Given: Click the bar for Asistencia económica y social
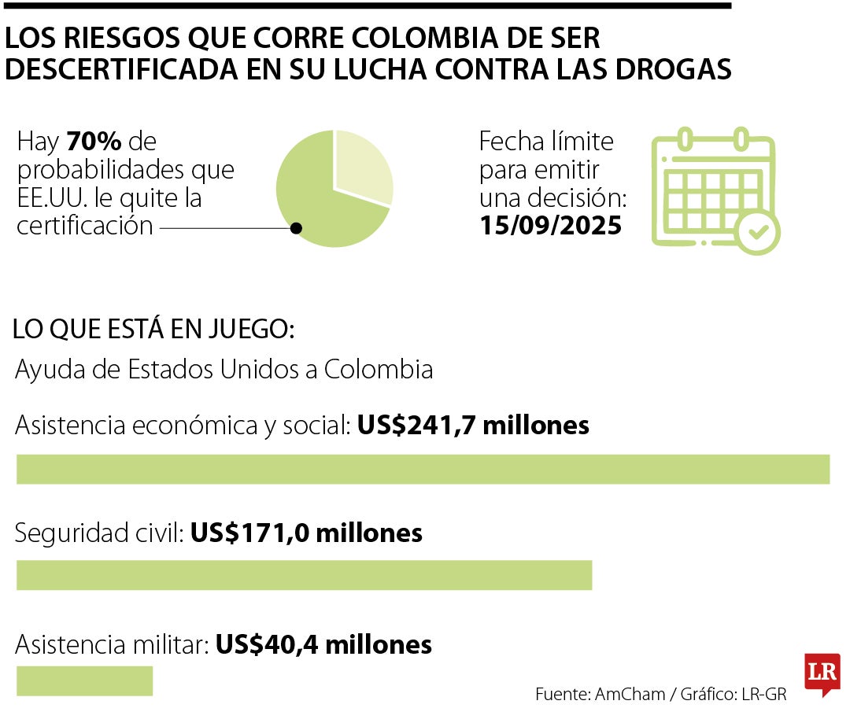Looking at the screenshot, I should (423, 469).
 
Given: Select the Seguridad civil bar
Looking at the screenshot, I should (304, 575).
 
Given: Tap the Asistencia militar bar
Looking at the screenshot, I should (84, 681).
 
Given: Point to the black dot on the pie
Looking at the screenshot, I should (296, 228).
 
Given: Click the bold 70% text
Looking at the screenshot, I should (94, 142).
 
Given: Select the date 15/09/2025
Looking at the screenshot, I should (550, 226).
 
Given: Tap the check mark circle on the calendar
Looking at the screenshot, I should (758, 232).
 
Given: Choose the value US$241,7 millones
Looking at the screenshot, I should (473, 426).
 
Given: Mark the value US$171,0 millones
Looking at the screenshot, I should (306, 533).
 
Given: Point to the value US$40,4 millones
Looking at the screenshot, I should (323, 645).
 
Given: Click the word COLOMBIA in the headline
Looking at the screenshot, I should (397, 38).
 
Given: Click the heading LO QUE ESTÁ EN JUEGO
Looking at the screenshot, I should (153, 330).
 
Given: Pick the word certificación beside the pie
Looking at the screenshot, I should (85, 226).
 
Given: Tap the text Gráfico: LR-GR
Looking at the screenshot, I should (731, 695).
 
